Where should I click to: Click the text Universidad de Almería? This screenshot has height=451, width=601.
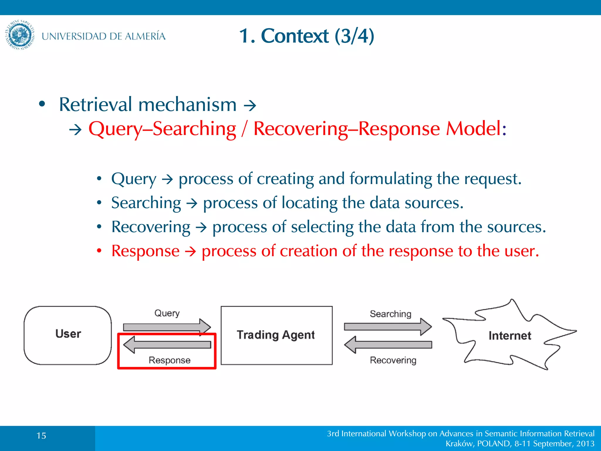[103, 36]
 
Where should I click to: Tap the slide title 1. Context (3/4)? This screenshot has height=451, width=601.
[306, 36]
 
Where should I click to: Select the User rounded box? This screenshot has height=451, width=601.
[68, 335]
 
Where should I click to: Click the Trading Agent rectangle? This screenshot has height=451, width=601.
[276, 335]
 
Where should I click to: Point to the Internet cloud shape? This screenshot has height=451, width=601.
[509, 335]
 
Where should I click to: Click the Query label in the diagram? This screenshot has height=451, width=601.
[167, 313]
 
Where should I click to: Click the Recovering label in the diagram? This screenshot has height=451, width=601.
[393, 360]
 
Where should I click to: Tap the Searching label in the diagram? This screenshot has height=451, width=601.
[390, 314]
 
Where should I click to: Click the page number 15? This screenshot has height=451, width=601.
[41, 436]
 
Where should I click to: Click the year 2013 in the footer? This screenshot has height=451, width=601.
[585, 444]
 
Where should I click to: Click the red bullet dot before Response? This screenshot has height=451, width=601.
[99, 251]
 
